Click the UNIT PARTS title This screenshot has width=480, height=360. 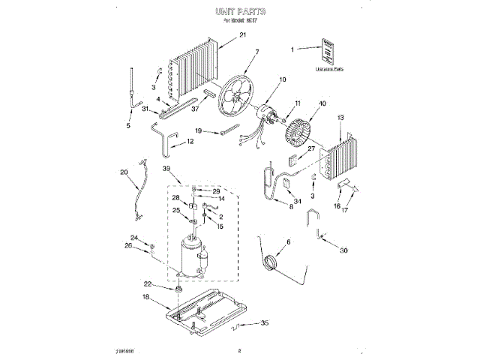(x=240, y=13)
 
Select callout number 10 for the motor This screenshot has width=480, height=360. (x=283, y=80)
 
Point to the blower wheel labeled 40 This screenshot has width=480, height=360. (x=304, y=135)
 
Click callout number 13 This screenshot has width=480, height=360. (x=340, y=118)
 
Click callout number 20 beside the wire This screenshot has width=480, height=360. (x=124, y=172)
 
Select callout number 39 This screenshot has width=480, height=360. (x=166, y=169)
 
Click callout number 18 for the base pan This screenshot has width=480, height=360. (x=145, y=297)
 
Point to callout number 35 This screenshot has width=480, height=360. (x=263, y=324)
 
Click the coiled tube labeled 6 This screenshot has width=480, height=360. (x=268, y=262)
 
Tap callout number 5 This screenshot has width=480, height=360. (x=128, y=126)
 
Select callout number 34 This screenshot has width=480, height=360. (x=297, y=200)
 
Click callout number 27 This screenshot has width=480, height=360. (x=312, y=149)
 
